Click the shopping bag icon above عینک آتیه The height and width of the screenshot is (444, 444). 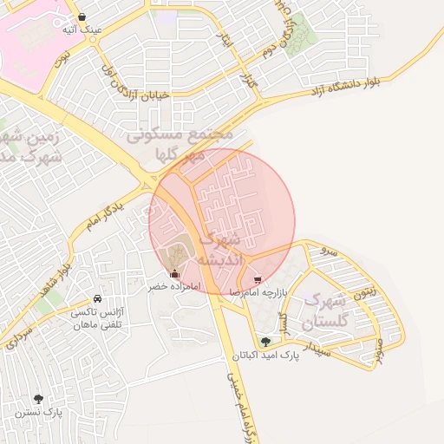[x=81, y=16]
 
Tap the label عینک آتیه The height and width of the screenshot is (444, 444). [x=82, y=29]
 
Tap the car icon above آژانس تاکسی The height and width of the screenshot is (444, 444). [x=97, y=298]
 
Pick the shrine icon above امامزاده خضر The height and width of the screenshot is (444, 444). [x=175, y=274]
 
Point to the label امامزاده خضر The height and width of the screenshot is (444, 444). [x=173, y=286]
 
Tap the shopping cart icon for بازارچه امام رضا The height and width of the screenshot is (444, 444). [x=258, y=279]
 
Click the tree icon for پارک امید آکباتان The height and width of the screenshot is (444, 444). [x=265, y=342]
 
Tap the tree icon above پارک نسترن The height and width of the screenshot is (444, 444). [x=38, y=399]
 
